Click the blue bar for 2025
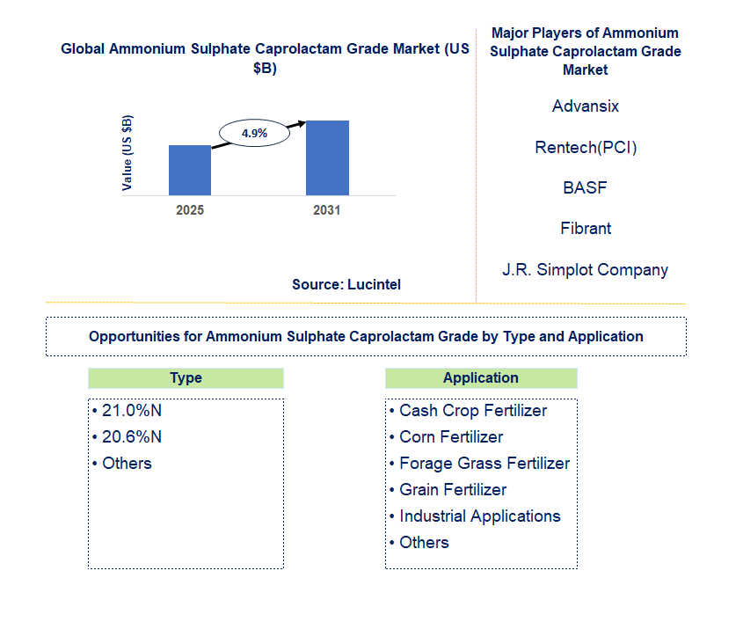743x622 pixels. click(190, 170)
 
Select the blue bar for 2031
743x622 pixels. click(327, 157)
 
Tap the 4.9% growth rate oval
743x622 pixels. click(254, 133)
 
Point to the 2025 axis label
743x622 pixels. click(190, 210)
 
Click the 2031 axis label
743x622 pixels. click(327, 210)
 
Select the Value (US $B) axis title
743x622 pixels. click(127, 153)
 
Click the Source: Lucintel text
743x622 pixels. click(346, 284)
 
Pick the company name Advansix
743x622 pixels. click(586, 106)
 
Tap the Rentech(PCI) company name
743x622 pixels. click(586, 148)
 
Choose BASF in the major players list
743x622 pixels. click(585, 187)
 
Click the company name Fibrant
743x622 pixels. click(586, 229)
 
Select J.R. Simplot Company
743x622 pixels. click(586, 270)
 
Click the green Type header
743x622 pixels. click(186, 378)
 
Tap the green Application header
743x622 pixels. click(481, 378)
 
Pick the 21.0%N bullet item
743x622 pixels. click(127, 411)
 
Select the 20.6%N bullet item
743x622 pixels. click(127, 437)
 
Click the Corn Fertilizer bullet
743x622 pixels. click(446, 437)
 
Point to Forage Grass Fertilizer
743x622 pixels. click(479, 464)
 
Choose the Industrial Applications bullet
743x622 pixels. click(475, 516)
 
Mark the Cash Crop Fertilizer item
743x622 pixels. click(468, 411)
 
